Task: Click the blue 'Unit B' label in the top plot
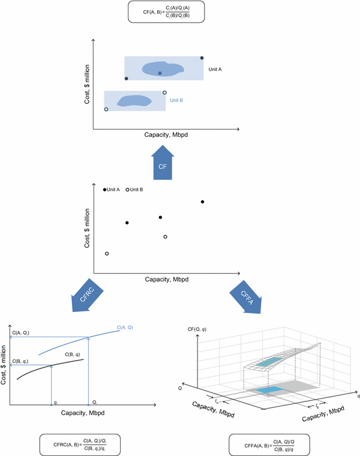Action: coord(177,100)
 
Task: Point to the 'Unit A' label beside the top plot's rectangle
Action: coord(215,70)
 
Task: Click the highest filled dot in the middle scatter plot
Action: coord(203,202)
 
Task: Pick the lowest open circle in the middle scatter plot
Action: coord(107,254)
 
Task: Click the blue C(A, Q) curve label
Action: coord(125,328)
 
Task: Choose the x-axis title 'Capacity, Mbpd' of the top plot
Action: coord(166,135)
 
